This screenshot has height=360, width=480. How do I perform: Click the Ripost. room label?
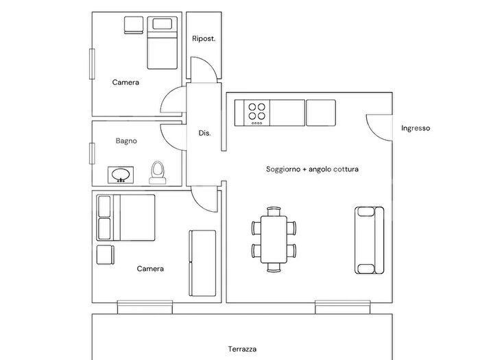(204, 39)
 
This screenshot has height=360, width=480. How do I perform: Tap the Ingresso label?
(416, 128)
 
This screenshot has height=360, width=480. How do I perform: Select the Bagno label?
(126, 141)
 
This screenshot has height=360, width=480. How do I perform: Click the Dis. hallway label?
(204, 133)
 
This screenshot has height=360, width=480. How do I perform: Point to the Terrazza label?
(242, 349)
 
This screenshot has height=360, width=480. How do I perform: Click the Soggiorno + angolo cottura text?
(312, 169)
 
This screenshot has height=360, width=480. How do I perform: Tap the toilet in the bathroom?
(158, 173)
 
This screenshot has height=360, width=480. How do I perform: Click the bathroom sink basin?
(121, 175)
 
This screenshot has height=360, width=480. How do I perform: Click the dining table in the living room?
(274, 239)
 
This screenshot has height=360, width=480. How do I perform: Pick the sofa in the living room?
(370, 240)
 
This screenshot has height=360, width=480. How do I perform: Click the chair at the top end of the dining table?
(274, 211)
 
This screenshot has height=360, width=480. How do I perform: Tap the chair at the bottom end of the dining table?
(274, 267)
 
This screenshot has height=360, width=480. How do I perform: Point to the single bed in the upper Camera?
(163, 43)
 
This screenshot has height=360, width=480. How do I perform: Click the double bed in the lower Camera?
(125, 217)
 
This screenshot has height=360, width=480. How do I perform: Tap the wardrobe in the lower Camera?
(202, 263)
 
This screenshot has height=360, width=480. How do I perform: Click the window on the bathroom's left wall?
(92, 154)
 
